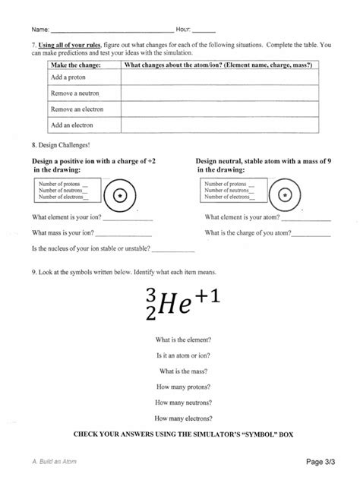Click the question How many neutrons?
click(x=183, y=402)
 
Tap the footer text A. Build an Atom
click(x=55, y=462)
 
